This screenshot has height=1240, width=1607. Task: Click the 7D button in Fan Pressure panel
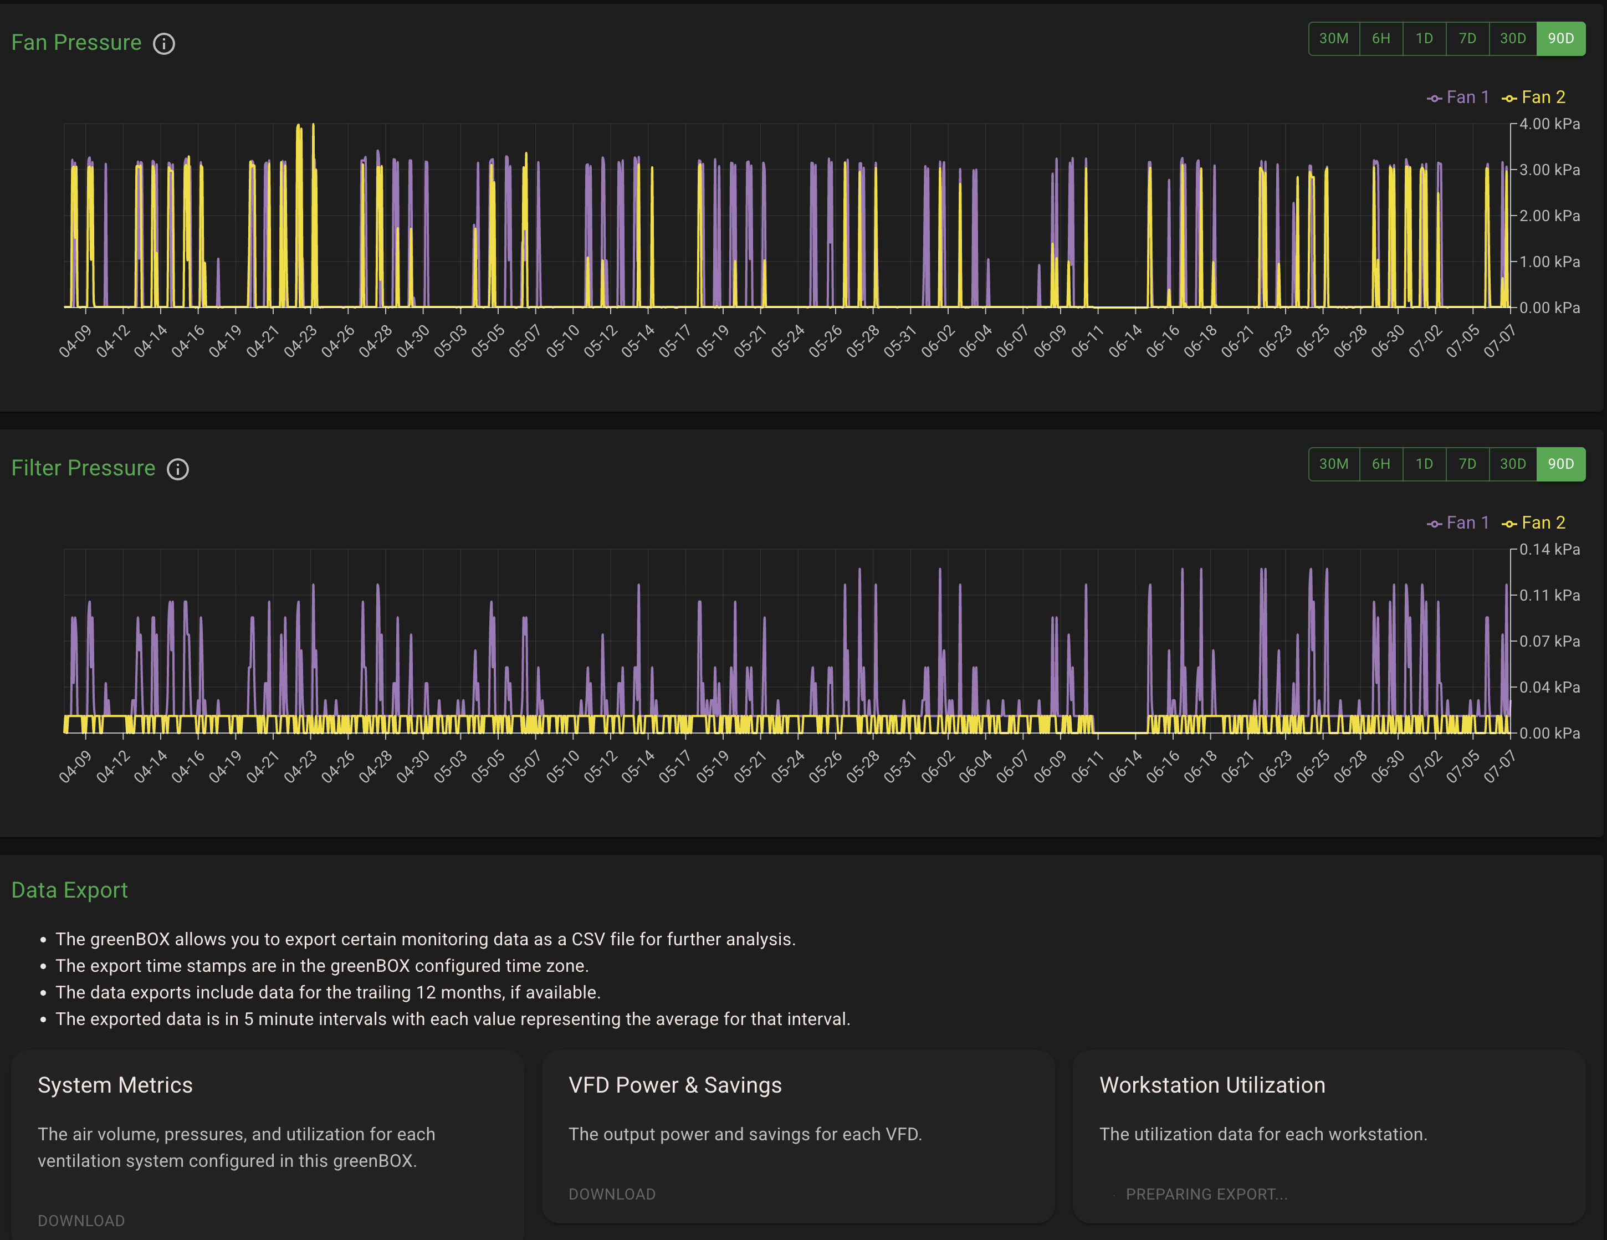[1467, 38]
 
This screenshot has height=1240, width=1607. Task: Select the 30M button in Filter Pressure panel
[1333, 464]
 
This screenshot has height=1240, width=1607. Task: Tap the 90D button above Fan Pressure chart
[1560, 38]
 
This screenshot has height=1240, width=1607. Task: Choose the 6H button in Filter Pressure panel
[1381, 464]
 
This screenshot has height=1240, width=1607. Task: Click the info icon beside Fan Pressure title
[164, 43]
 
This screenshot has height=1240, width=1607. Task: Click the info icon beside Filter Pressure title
[178, 469]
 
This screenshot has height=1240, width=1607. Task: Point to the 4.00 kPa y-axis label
[1549, 124]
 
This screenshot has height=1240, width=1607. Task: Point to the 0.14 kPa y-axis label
[1549, 549]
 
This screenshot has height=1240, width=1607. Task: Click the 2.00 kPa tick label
[1549, 216]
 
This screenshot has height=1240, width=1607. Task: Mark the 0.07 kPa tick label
[1549, 641]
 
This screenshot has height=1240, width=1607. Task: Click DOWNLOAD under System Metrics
[81, 1221]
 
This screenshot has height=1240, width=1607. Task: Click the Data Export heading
[70, 890]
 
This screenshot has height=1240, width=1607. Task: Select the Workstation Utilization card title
[1212, 1085]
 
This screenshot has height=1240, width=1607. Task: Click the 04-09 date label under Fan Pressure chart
[75, 341]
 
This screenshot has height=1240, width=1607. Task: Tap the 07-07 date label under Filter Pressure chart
[1499, 767]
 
